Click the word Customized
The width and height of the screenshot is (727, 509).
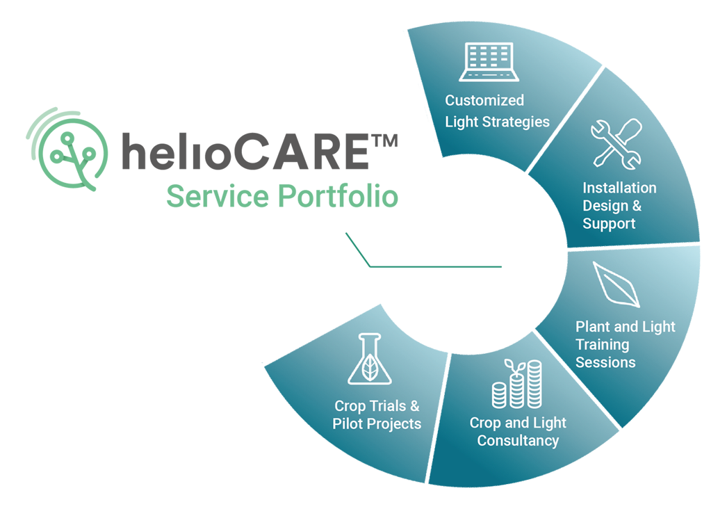(x=484, y=100)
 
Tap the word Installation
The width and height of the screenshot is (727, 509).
(x=619, y=188)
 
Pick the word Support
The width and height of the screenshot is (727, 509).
(x=609, y=224)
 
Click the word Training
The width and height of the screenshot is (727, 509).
(x=602, y=344)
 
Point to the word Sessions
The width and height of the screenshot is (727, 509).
(x=605, y=362)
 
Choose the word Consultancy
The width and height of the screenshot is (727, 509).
(x=518, y=441)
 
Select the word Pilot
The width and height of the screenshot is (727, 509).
(x=348, y=423)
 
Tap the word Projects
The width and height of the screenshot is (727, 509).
(x=395, y=423)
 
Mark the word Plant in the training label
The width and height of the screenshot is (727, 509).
(x=593, y=326)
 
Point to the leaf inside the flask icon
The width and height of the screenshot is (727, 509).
(x=370, y=369)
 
